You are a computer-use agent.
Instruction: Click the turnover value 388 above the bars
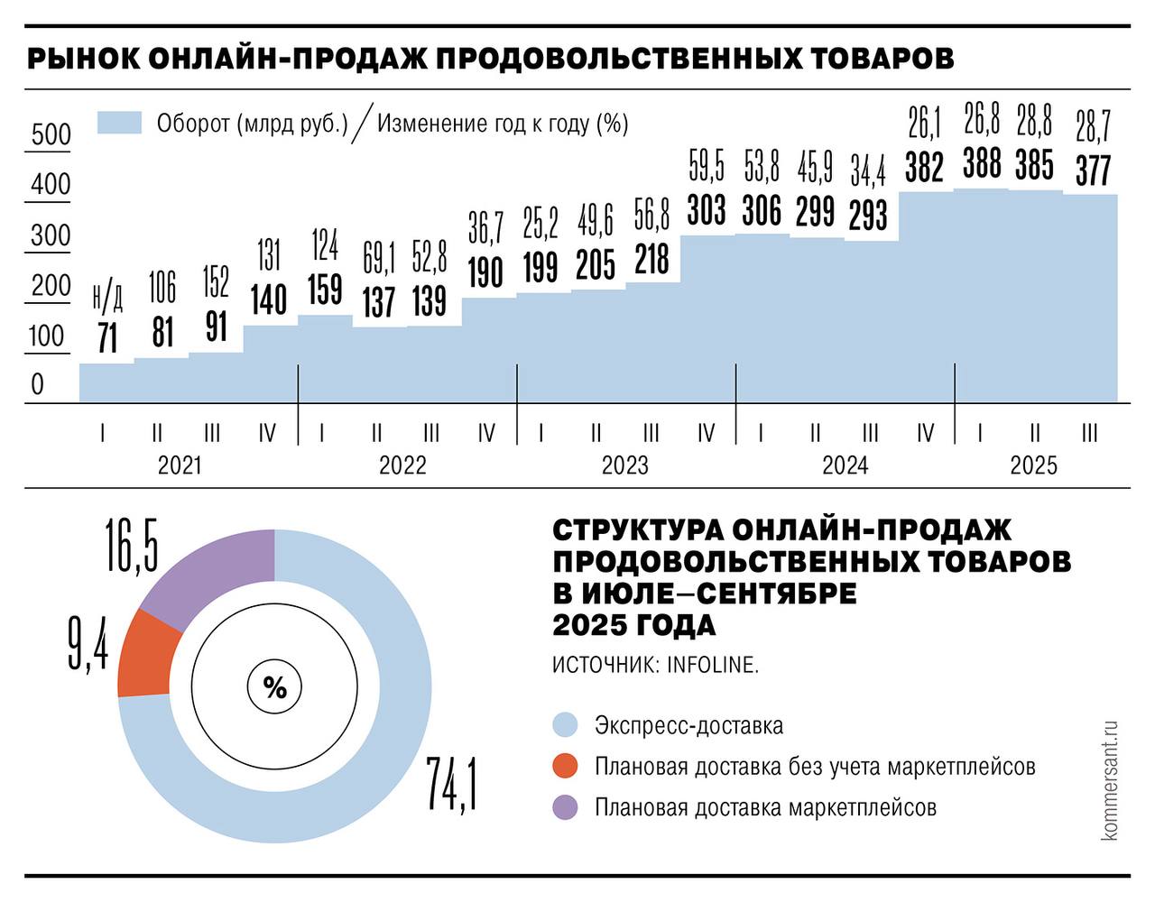982,164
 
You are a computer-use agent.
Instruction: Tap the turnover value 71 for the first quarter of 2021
107,338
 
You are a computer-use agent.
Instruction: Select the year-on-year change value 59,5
707,167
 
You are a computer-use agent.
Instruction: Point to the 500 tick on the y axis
51,134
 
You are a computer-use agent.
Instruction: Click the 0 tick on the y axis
37,384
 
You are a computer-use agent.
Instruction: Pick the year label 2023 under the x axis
624,465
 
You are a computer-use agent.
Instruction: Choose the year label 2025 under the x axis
1033,465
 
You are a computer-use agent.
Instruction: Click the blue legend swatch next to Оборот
119,123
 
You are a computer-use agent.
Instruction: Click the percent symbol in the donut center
274,688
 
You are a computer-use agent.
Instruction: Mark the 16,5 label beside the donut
132,545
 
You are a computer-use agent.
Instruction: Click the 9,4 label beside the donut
88,641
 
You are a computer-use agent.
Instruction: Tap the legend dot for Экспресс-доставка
565,725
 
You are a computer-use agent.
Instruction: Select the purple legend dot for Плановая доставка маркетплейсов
565,807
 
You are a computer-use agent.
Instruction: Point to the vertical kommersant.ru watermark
1109,780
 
